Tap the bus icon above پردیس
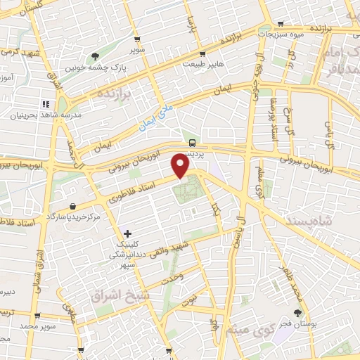click(x=193, y=142)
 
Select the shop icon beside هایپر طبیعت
click(x=202, y=53)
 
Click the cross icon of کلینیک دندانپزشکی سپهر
click(x=127, y=233)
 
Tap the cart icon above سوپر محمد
click(x=37, y=316)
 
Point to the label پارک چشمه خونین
click(x=90, y=68)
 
